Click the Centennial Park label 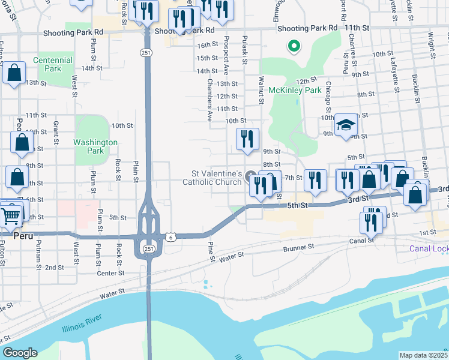coord(53,65)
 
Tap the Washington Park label coord(95,146)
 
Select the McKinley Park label coord(295,90)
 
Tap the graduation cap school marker coord(345,125)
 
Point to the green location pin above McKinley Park coord(294,45)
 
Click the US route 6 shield coord(172,238)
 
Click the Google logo coord(20,353)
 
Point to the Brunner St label coord(298,247)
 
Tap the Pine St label coord(211,251)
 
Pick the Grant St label coord(56,128)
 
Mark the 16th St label coord(207,45)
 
